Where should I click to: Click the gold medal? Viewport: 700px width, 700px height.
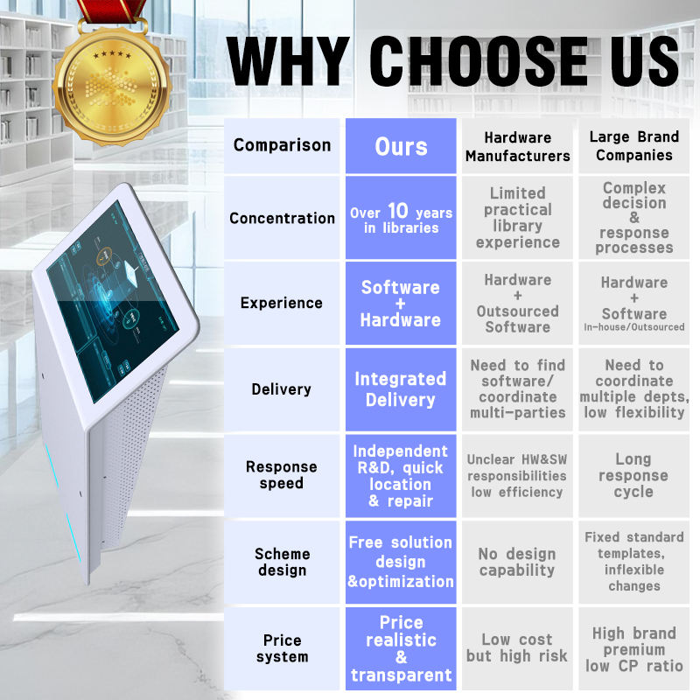pos(112,86)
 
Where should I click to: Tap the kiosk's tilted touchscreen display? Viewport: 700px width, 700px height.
pos(113,300)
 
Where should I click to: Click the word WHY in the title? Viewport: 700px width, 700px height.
pos(288,61)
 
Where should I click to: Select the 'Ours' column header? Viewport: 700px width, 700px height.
pos(401,146)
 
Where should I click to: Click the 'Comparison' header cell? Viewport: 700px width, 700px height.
pos(282,146)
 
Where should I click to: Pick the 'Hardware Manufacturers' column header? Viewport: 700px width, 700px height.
pos(517,146)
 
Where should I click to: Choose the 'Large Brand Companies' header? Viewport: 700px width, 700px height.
pos(633,146)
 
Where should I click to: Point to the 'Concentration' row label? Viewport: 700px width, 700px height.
pos(282,218)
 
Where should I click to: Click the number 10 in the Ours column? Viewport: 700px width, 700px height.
pos(398,210)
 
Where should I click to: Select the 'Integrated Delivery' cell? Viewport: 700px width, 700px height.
pos(401,389)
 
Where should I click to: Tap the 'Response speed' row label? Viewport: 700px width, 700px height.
pos(282,475)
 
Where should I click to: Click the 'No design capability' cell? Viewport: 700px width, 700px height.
pos(517,562)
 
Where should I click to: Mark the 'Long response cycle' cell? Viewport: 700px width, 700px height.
pos(633,475)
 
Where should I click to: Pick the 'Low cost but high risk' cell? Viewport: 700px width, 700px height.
pos(517,648)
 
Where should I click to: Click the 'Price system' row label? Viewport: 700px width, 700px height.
pos(282,648)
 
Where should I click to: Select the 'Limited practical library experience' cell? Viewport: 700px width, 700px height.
pos(517,218)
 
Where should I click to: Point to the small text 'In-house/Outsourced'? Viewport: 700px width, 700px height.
pos(633,327)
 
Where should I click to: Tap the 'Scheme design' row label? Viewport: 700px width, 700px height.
pos(282,562)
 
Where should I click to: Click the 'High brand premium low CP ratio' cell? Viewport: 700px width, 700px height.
pos(633,648)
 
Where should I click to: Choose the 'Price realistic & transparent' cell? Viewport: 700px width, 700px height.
pos(401,648)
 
